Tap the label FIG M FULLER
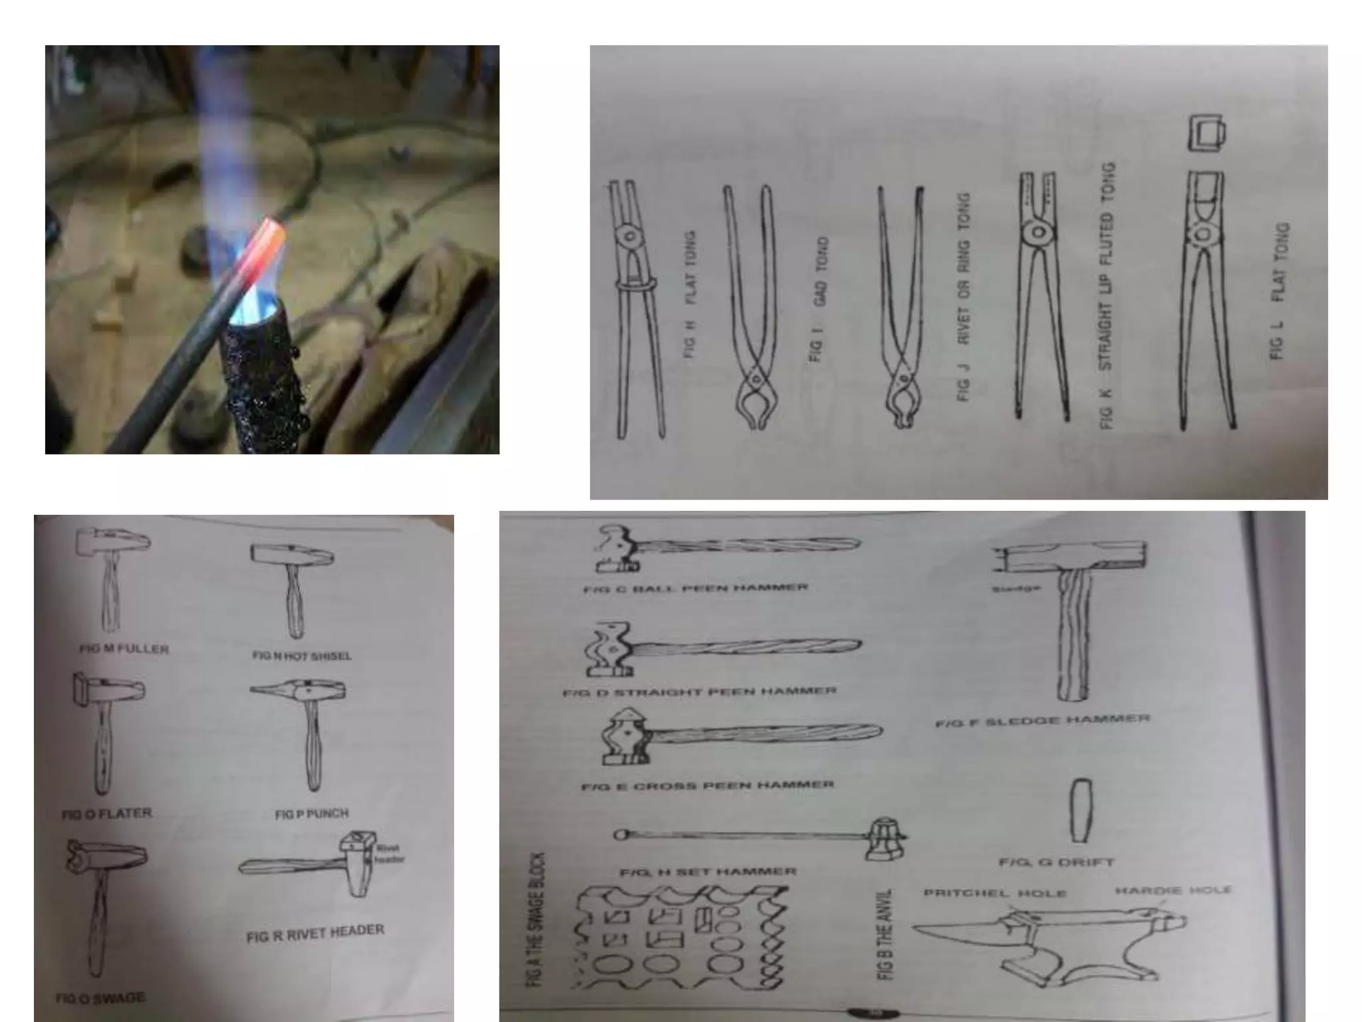click(124, 649)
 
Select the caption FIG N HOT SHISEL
click(301, 656)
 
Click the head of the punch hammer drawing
click(298, 691)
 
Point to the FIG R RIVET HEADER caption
click(315, 933)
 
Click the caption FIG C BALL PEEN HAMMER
click(696, 588)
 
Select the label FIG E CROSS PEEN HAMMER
click(707, 786)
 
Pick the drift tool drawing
click(1081, 810)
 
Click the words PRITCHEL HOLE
click(995, 893)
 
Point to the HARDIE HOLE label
click(1172, 890)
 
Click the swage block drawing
click(682, 939)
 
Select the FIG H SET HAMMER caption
click(708, 872)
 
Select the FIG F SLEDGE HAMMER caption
click(1042, 720)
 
